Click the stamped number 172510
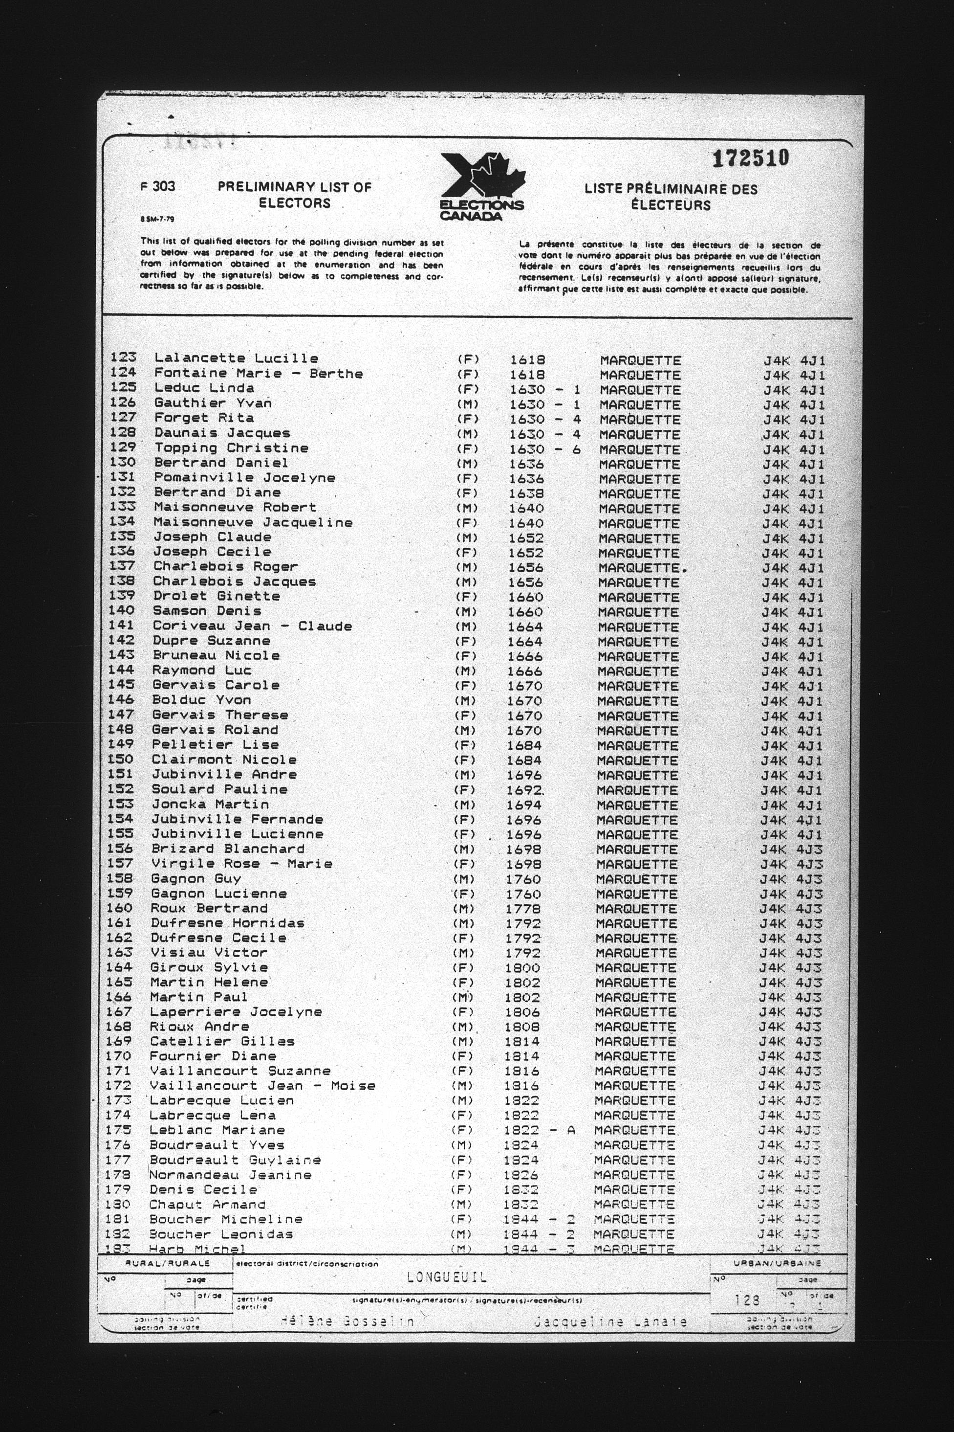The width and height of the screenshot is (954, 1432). [x=751, y=158]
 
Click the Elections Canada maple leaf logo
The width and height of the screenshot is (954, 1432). [x=482, y=186]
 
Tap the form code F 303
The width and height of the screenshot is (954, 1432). [x=157, y=186]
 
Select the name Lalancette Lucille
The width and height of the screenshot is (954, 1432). [x=236, y=358]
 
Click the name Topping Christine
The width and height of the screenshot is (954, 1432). [x=231, y=448]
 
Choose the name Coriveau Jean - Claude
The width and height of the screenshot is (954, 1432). [x=252, y=626]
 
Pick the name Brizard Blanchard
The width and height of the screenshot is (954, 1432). [x=228, y=849]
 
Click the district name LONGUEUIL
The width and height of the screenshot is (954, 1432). [x=447, y=1277]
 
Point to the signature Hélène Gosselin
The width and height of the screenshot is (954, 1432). [x=347, y=1322]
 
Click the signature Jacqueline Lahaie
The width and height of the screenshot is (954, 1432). [x=610, y=1322]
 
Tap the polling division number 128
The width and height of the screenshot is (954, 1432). [x=746, y=1300]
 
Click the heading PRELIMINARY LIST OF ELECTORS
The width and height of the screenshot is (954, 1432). [x=295, y=195]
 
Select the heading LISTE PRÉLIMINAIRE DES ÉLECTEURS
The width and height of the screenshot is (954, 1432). [x=671, y=197]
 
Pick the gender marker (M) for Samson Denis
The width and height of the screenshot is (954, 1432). [x=466, y=612]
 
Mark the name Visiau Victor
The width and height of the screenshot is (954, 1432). [x=209, y=953]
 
